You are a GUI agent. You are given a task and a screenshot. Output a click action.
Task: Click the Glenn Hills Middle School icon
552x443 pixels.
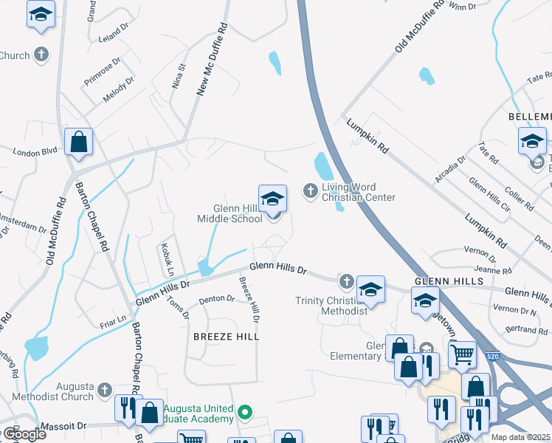click(272, 198)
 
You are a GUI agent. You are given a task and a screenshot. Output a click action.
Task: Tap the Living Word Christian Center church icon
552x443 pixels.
click(311, 191)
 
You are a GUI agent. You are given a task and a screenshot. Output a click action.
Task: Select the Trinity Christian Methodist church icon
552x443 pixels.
click(347, 281)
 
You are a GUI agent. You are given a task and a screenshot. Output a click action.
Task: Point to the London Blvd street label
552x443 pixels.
click(35, 151)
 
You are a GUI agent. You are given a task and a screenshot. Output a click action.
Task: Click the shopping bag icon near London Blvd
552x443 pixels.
click(78, 142)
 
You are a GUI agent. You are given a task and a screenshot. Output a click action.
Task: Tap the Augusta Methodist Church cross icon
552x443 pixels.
click(105, 388)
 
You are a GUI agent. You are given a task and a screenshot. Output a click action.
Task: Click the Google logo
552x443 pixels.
click(24, 433)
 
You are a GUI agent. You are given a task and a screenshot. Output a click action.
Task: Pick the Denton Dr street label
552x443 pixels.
click(216, 299)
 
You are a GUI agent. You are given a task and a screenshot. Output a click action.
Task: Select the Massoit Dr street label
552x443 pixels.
click(63, 426)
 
